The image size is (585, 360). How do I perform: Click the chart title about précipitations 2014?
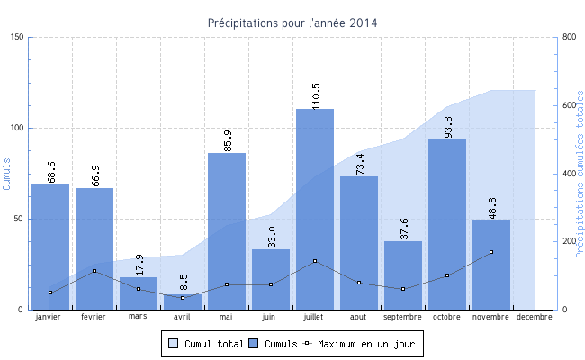pyautogui.click(x=292, y=22)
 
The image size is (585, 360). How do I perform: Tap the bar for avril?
pyautogui.click(x=183, y=301)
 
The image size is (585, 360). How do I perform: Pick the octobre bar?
pyautogui.click(x=447, y=224)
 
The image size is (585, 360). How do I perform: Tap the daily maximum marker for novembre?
pyautogui.click(x=491, y=252)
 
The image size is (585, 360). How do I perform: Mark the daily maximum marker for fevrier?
pyautogui.click(x=94, y=271)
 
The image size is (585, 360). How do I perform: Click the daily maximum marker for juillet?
pyautogui.click(x=315, y=261)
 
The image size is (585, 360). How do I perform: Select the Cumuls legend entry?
pyautogui.click(x=274, y=343)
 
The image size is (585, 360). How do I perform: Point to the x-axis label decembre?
pyautogui.click(x=535, y=317)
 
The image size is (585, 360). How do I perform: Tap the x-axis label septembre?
pyautogui.click(x=403, y=317)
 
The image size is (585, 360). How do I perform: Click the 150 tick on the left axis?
pyautogui.click(x=18, y=37)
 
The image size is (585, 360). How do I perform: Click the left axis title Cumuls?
pyautogui.click(x=7, y=173)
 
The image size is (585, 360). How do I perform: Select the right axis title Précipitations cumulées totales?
pyautogui.click(x=580, y=173)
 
